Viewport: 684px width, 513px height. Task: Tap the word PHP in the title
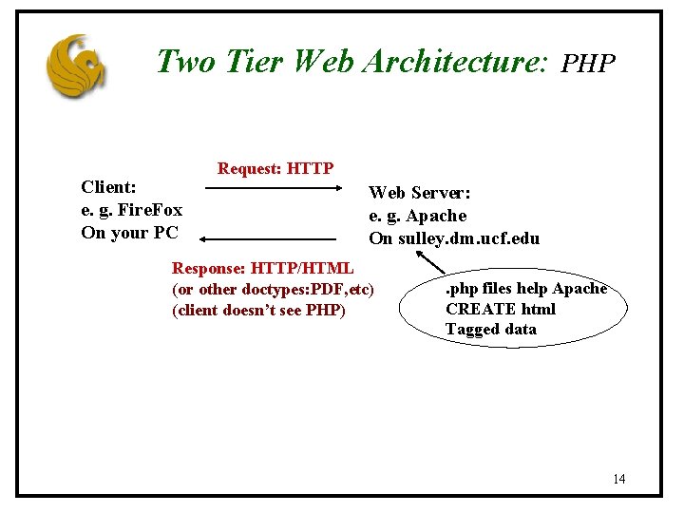tap(588, 64)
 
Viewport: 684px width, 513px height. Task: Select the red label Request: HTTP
tap(275, 169)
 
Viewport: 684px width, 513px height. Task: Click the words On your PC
tap(129, 233)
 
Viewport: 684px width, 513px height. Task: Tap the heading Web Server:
tap(419, 193)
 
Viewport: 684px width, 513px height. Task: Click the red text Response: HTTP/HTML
tap(262, 269)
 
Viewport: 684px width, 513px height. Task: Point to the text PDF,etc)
tap(339, 289)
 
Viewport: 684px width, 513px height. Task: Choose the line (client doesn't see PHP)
tap(258, 310)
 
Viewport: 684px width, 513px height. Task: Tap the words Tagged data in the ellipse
tap(490, 330)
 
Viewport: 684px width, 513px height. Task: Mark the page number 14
tap(618, 479)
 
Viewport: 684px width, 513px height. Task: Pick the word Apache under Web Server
tap(436, 216)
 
